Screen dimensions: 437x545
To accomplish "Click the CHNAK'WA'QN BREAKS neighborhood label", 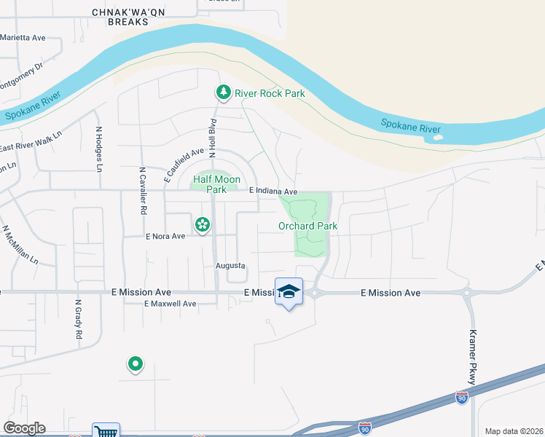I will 121,17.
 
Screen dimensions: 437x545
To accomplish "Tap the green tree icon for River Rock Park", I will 223,92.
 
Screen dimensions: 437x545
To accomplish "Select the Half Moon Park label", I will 216,184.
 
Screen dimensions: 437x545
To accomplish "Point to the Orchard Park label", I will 307,226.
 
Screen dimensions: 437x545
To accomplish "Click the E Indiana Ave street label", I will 274,191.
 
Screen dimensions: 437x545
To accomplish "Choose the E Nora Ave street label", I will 167,236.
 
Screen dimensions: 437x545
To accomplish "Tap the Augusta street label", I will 230,266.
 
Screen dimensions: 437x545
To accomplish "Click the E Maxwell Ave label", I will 170,304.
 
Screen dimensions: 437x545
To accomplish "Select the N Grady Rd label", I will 77,320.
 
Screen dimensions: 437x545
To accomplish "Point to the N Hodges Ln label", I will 99,149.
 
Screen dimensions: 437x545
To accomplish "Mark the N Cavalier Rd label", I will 143,189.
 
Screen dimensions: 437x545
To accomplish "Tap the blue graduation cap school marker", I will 289,292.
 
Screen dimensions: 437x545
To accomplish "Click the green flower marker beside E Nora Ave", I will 202,226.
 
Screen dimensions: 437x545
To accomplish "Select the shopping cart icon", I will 106,431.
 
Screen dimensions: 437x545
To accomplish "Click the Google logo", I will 24,428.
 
